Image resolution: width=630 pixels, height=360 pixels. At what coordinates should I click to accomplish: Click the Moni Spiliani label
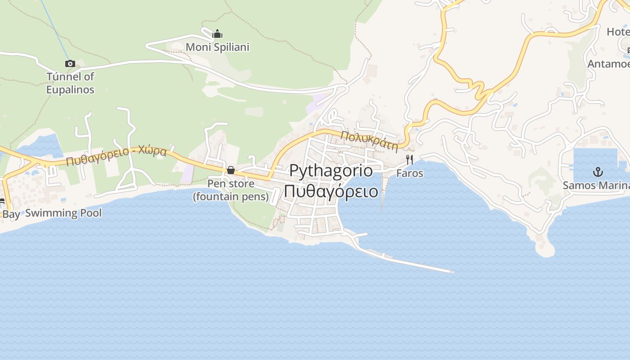217,47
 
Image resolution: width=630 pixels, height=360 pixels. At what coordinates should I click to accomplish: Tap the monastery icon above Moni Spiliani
217,34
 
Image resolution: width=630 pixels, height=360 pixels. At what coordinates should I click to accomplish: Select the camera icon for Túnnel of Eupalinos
70,63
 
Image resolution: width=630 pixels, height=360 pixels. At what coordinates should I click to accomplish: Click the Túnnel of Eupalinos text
70,83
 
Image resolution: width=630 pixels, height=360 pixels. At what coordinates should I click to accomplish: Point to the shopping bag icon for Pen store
231,170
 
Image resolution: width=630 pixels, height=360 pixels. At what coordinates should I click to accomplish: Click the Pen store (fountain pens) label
231,190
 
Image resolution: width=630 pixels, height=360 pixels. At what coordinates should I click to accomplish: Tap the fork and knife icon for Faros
409,160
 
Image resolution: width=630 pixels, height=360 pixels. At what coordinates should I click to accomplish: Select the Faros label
409,173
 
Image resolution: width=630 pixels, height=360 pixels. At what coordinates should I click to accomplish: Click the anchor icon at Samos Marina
598,171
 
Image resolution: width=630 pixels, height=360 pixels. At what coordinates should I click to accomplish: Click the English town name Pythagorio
331,171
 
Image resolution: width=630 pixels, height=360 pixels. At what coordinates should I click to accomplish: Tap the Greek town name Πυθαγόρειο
331,191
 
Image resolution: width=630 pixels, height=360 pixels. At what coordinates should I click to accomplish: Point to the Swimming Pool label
63,213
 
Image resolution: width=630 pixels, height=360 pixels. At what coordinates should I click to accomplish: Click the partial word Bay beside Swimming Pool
11,214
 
